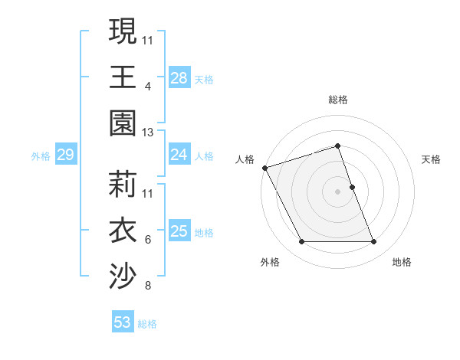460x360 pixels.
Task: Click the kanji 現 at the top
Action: coord(123,32)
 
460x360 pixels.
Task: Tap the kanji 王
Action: coord(123,78)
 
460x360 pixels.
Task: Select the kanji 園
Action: coord(123,123)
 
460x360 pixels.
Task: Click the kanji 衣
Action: coord(123,231)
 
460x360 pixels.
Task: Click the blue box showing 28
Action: coord(179,78)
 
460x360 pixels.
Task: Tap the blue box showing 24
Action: coord(179,155)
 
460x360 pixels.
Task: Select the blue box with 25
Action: coord(179,231)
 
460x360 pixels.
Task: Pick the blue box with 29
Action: coord(65,155)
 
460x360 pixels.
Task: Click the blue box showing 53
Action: coord(123,322)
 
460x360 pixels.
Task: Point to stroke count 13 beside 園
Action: coord(149,133)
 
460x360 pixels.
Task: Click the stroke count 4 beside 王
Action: coord(148,87)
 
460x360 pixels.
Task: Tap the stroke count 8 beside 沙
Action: coord(148,286)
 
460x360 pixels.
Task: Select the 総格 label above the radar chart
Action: coord(338,100)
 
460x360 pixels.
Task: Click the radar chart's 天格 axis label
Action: coord(432,159)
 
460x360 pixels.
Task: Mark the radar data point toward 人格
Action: coord(264,167)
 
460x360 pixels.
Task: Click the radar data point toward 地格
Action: coord(374,242)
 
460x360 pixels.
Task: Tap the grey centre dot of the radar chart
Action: coord(338,191)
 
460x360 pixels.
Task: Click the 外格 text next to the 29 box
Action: coord(41,156)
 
